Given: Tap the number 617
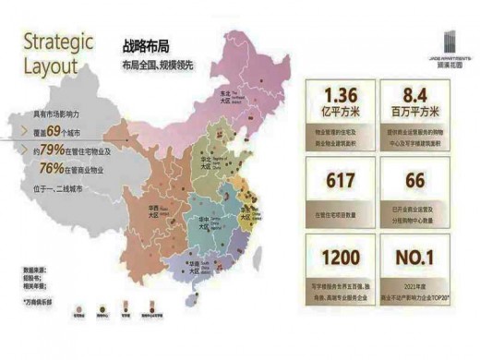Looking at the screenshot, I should [x=339, y=181].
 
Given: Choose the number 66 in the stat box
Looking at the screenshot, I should [x=415, y=181].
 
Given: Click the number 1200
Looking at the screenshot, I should [x=339, y=259].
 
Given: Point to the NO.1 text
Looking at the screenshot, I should [x=415, y=259].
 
